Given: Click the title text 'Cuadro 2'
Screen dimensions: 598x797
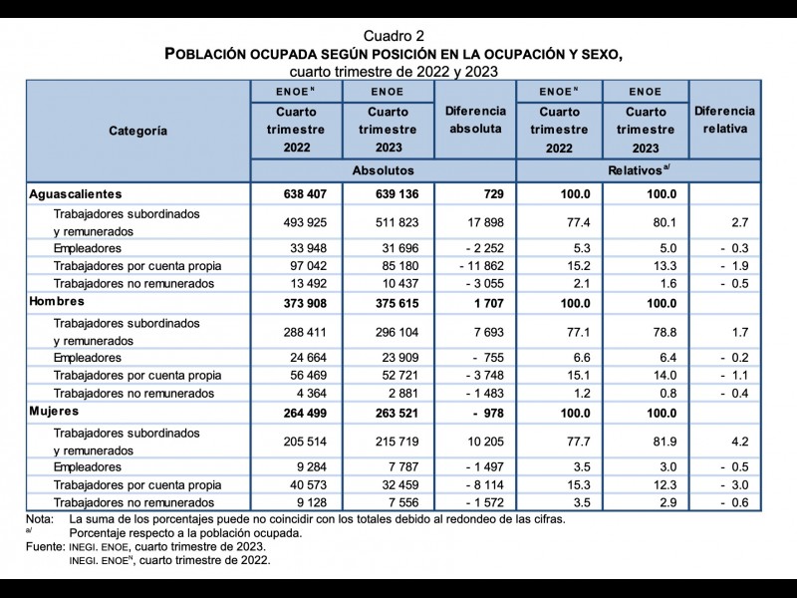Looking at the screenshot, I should click(x=398, y=35).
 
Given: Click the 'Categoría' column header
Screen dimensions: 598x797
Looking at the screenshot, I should click(x=137, y=130).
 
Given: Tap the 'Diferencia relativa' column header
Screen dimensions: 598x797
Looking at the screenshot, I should click(x=724, y=120).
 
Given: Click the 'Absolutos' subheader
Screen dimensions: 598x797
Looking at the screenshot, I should click(x=383, y=171).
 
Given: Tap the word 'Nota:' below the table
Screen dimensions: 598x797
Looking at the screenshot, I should click(x=40, y=518).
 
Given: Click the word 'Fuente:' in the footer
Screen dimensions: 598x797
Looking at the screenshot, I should click(x=45, y=547).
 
